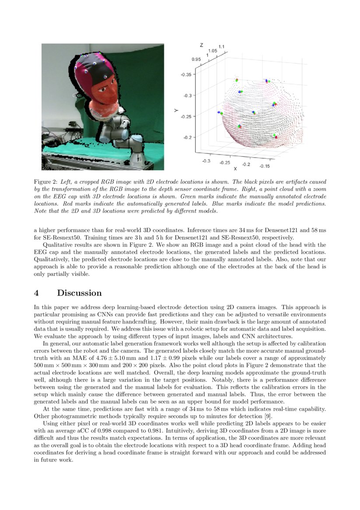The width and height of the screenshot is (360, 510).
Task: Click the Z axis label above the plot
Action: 201,45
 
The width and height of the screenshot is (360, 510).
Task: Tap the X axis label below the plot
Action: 235,168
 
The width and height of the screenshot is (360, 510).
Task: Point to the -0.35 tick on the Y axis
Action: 186,75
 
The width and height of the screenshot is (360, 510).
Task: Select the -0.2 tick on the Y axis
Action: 188,137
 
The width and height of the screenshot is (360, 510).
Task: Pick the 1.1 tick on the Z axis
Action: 221,46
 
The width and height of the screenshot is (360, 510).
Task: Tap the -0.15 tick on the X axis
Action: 264,166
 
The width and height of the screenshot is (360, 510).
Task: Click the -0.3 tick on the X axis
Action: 206,161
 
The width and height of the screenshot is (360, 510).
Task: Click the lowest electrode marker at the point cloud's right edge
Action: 275,136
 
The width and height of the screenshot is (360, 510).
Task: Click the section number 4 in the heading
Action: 37,293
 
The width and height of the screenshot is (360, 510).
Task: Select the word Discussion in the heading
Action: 79,293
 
